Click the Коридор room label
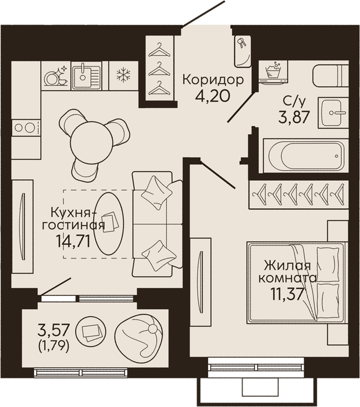[213, 80]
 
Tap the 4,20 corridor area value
[213, 95]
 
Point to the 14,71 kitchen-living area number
[73, 241]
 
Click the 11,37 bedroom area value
[287, 294]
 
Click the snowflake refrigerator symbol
[123, 75]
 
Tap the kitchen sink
[87, 76]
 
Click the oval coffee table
[109, 223]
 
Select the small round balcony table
[90, 331]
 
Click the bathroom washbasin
[333, 113]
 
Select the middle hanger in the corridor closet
[159, 69]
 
